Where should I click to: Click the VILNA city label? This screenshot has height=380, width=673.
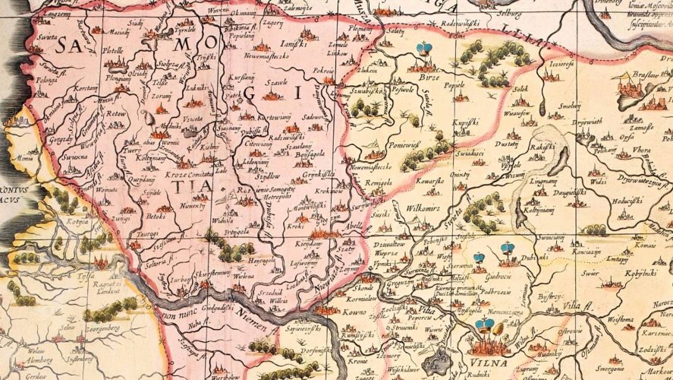coord(487,350)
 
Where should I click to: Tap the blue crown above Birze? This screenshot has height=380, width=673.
coord(424,49)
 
